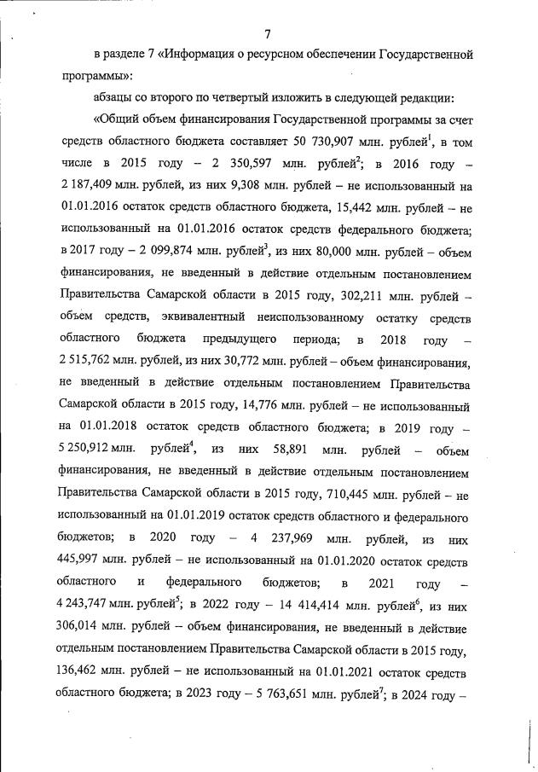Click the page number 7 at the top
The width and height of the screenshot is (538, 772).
click(267, 34)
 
